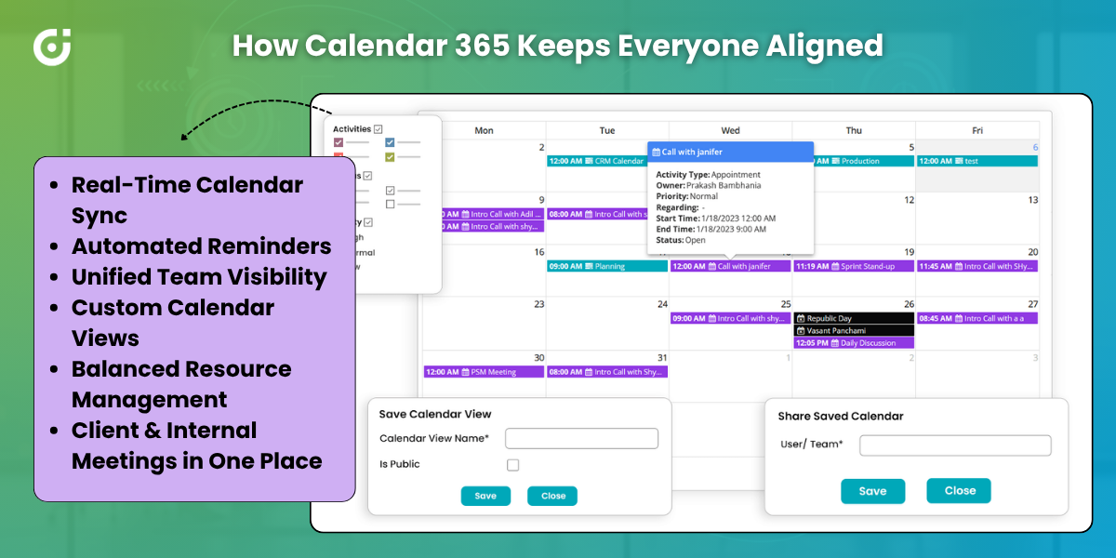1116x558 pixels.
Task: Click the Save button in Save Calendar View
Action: coord(485,496)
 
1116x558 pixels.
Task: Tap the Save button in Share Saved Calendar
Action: coord(872,491)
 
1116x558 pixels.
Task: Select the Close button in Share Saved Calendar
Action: coord(959,491)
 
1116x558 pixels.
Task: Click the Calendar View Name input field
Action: coord(581,438)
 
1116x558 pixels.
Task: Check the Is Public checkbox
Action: coord(513,465)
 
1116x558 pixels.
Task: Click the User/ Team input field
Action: coord(955,445)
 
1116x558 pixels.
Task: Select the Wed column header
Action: coord(730,130)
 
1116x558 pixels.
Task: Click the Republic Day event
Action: coord(854,319)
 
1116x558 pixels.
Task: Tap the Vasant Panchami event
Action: coord(854,331)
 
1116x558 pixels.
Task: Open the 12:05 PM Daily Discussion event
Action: coord(854,343)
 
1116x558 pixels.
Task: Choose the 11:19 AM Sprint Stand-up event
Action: coord(854,266)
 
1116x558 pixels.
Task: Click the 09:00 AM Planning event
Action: coord(606,266)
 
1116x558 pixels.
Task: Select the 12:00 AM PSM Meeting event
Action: coord(484,372)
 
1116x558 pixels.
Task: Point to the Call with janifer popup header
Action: coord(730,152)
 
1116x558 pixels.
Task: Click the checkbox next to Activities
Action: coord(379,129)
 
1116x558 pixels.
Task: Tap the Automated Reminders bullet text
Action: coord(201,246)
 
